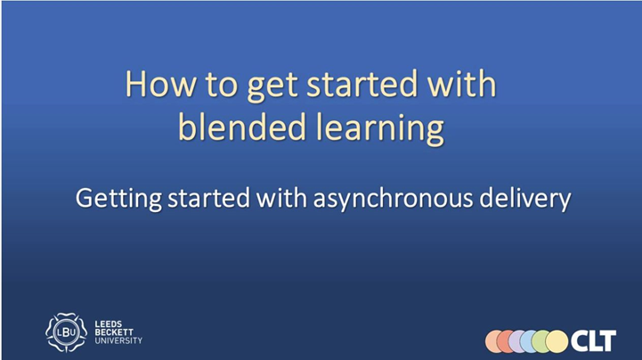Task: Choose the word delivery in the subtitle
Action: click(x=524, y=199)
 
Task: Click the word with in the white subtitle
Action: click(x=281, y=198)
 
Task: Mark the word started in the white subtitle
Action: click(x=208, y=198)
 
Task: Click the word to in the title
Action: click(x=221, y=85)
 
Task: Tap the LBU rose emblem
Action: click(x=66, y=332)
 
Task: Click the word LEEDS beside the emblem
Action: click(x=109, y=324)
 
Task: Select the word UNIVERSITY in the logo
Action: click(x=118, y=340)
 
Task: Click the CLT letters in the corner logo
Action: click(x=593, y=340)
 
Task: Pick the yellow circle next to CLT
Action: click(x=557, y=341)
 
